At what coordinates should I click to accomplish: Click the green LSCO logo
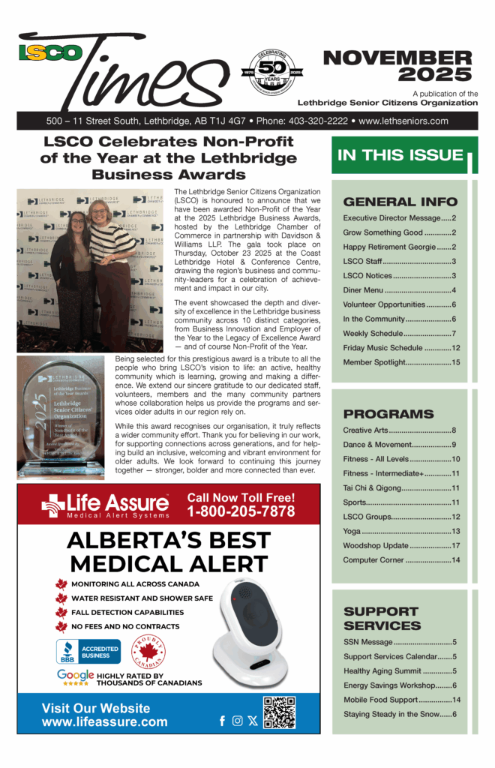pos(49,53)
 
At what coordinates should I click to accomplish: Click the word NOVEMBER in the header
pos(397,58)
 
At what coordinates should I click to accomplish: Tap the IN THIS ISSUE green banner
pos(400,155)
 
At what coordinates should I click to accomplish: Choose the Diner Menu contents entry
pos(400,290)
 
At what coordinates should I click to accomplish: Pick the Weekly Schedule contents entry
pos(400,333)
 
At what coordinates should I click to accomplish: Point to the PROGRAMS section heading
pos(388,414)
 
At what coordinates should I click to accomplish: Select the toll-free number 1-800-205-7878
pos(241,511)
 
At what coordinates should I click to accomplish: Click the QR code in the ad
pos(279,712)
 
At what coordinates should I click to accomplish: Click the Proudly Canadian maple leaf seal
pos(148,652)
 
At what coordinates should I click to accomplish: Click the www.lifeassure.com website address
pos(104,722)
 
